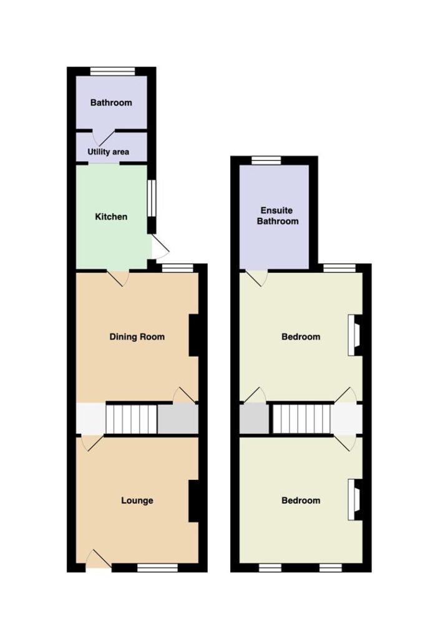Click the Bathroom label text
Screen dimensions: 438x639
[x=111, y=102]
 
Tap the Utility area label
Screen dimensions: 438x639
[x=109, y=152]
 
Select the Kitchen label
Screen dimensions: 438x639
[x=111, y=217]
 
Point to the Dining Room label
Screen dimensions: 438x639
[x=137, y=336]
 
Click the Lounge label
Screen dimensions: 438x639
[x=137, y=500]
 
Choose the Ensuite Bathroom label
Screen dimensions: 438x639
[x=278, y=215]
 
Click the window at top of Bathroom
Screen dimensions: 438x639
[x=112, y=71]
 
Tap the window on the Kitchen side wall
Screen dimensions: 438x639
[x=151, y=198]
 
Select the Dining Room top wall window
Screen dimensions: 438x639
[x=177, y=267]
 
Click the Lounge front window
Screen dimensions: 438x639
[x=157, y=568]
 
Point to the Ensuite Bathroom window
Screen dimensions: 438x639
[x=266, y=160]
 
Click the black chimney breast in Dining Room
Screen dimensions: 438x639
[x=193, y=336]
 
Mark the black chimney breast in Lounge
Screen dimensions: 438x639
[x=193, y=501]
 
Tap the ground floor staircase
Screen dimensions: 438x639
[x=132, y=419]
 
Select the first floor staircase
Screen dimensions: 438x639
[x=301, y=419]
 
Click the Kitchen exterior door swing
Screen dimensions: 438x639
[x=160, y=247]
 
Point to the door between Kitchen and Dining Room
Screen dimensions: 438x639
[x=119, y=278]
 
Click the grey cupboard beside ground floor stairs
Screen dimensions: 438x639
[x=178, y=419]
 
